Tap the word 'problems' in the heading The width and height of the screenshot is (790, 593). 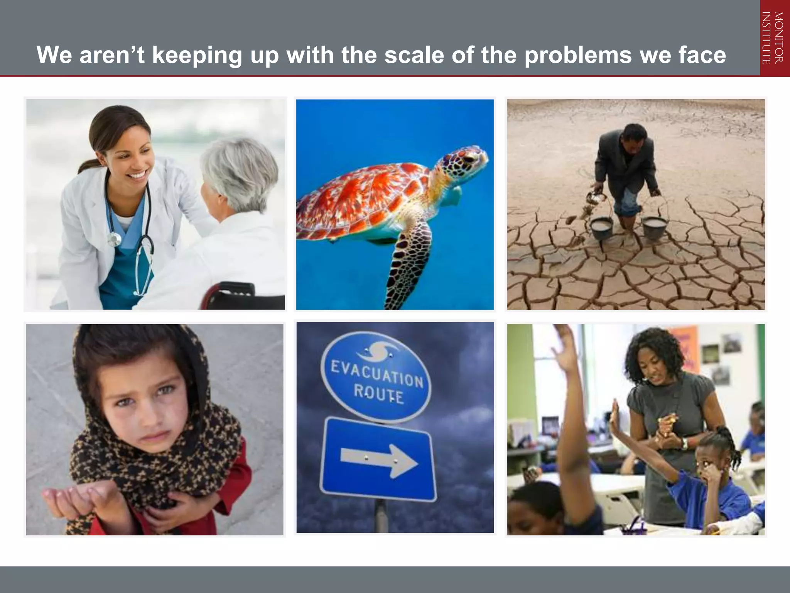coord(578,55)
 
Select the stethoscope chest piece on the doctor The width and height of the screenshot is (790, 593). coord(114,239)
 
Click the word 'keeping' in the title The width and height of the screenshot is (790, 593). coord(196,55)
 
